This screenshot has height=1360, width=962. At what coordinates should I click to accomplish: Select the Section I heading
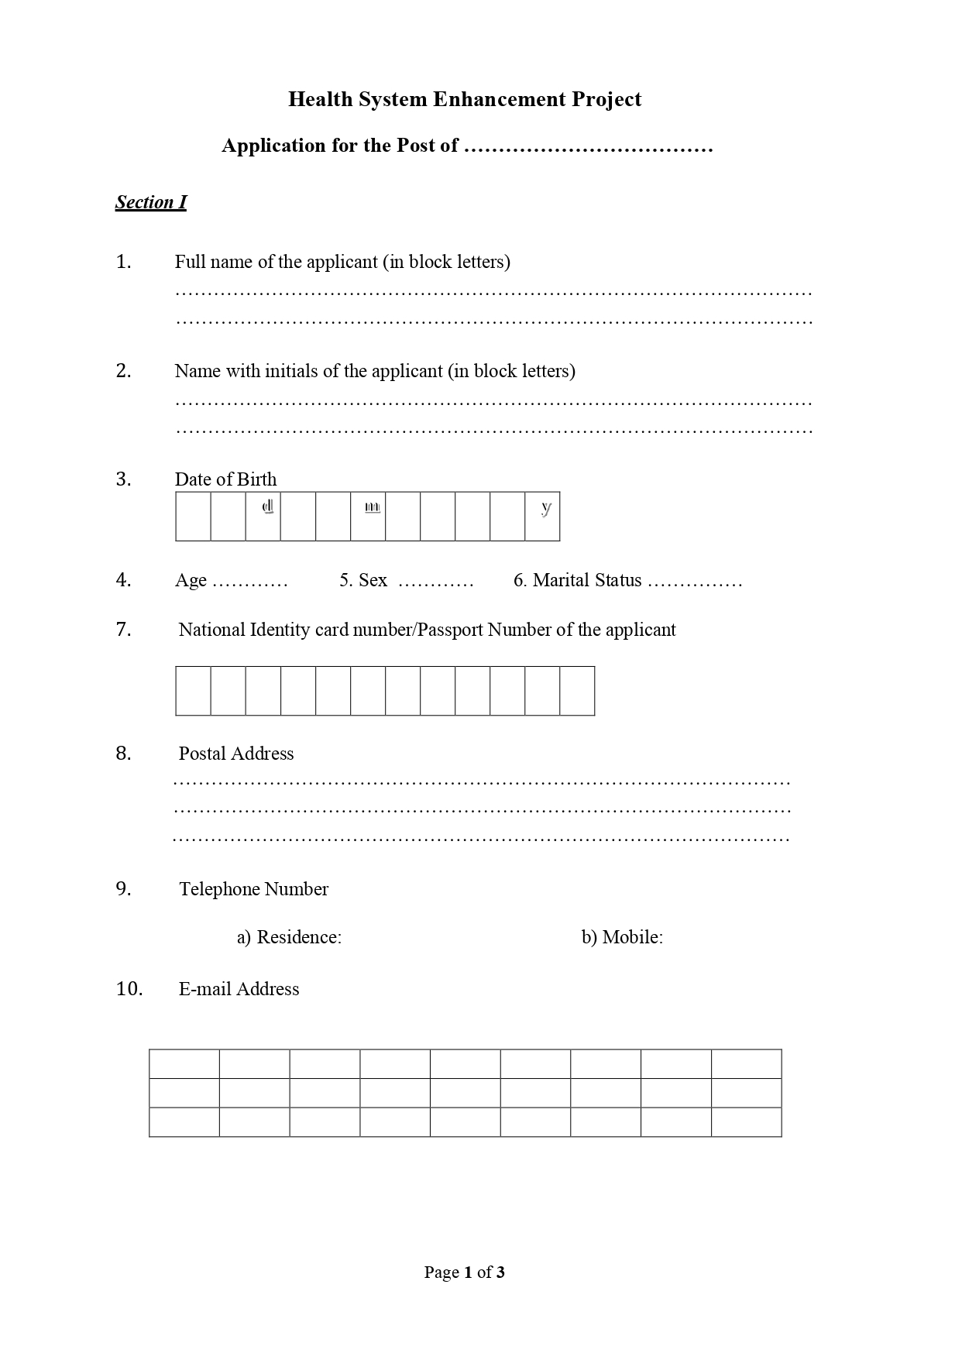click(151, 202)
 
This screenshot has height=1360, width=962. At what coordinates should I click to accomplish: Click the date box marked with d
click(263, 516)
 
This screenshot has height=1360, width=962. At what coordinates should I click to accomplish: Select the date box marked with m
click(368, 516)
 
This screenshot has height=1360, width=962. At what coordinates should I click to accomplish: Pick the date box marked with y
click(542, 516)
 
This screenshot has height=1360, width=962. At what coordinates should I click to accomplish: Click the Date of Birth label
click(225, 479)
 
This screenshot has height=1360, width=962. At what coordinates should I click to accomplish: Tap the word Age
click(191, 581)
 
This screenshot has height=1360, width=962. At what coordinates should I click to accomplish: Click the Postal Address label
click(236, 754)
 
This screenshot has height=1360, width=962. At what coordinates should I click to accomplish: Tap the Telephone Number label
click(253, 889)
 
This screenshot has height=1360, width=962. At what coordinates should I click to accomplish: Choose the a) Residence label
click(289, 937)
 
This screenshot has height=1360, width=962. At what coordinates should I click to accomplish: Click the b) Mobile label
click(622, 937)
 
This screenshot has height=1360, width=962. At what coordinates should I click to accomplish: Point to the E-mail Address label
click(239, 989)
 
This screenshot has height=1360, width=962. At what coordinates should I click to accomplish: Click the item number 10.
click(129, 989)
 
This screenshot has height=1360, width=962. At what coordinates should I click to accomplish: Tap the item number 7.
click(124, 630)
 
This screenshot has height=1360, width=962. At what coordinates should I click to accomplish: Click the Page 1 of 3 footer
click(464, 1272)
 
